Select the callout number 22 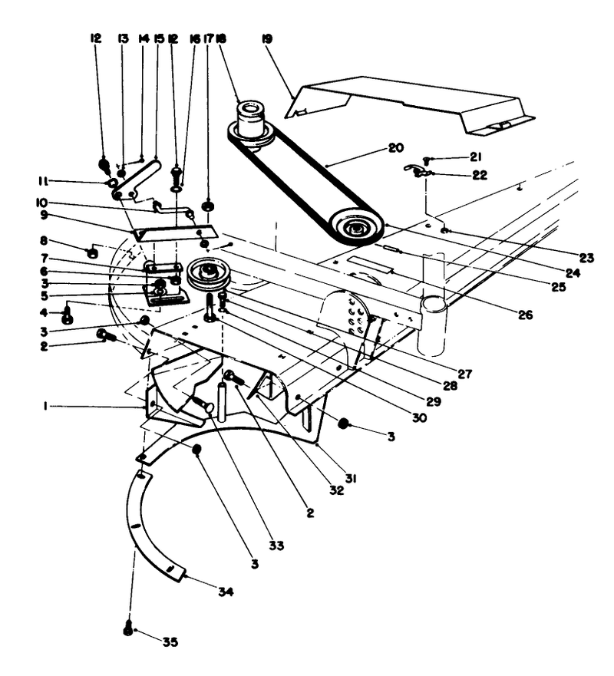pyautogui.click(x=478, y=175)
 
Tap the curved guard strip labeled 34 pyautogui.click(x=150, y=529)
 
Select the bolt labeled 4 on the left pyautogui.click(x=68, y=314)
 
